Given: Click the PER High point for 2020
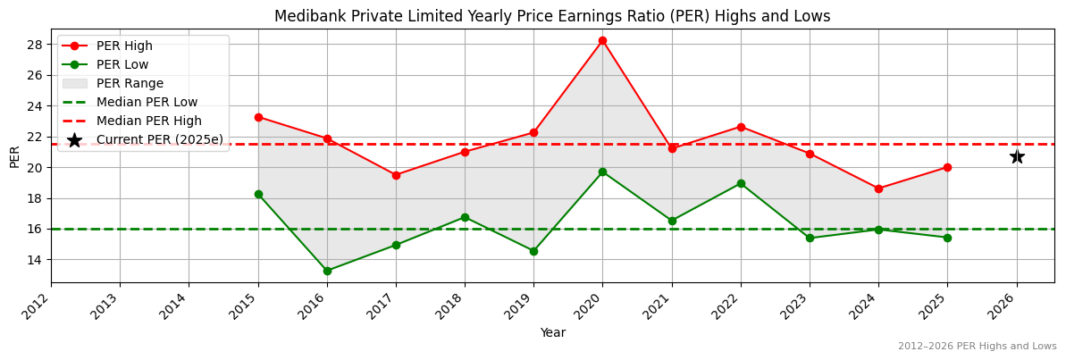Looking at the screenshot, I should pos(602,40).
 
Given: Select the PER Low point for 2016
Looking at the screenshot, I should pos(327,271).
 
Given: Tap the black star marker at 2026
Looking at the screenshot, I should pos(1017,156).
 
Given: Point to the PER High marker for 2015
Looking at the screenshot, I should pos(258,117).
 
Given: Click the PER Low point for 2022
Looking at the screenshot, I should pos(741,183).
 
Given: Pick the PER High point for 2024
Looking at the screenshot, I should pos(878,188).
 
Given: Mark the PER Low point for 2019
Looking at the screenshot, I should pos(533,251).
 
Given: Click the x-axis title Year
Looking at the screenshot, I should pos(552,333).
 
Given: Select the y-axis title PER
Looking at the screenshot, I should pos(14,156).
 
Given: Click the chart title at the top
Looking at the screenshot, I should pos(552,16).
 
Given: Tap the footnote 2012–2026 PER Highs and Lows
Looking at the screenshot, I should pos(977,346).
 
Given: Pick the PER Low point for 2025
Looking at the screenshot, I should pos(947,238).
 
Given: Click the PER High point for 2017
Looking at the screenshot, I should pos(396,175).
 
